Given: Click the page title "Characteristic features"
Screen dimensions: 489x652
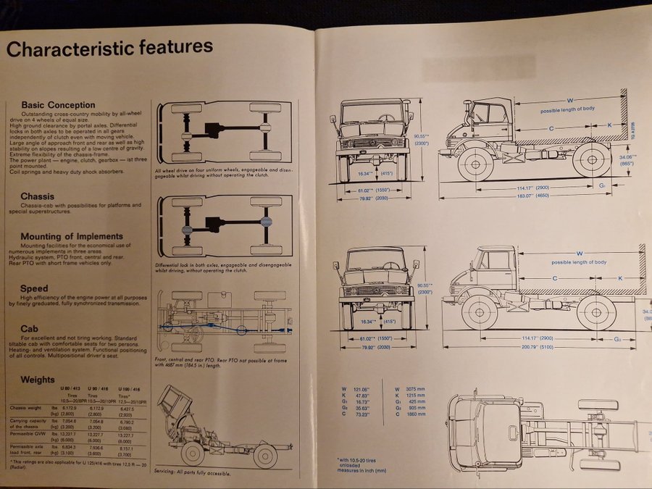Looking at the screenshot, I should (109, 48).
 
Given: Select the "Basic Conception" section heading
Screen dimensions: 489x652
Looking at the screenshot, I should (58, 105).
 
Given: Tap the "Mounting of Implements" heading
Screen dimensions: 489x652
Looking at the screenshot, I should (72, 236).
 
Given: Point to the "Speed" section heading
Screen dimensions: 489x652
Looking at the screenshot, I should (35, 288).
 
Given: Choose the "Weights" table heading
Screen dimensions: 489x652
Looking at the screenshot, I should (38, 379).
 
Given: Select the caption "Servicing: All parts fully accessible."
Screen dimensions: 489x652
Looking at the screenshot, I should (192, 473).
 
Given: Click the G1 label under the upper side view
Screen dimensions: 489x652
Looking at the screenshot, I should (602, 186).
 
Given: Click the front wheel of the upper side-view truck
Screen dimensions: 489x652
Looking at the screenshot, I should (476, 164).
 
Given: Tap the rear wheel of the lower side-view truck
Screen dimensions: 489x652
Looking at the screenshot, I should (595, 313).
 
